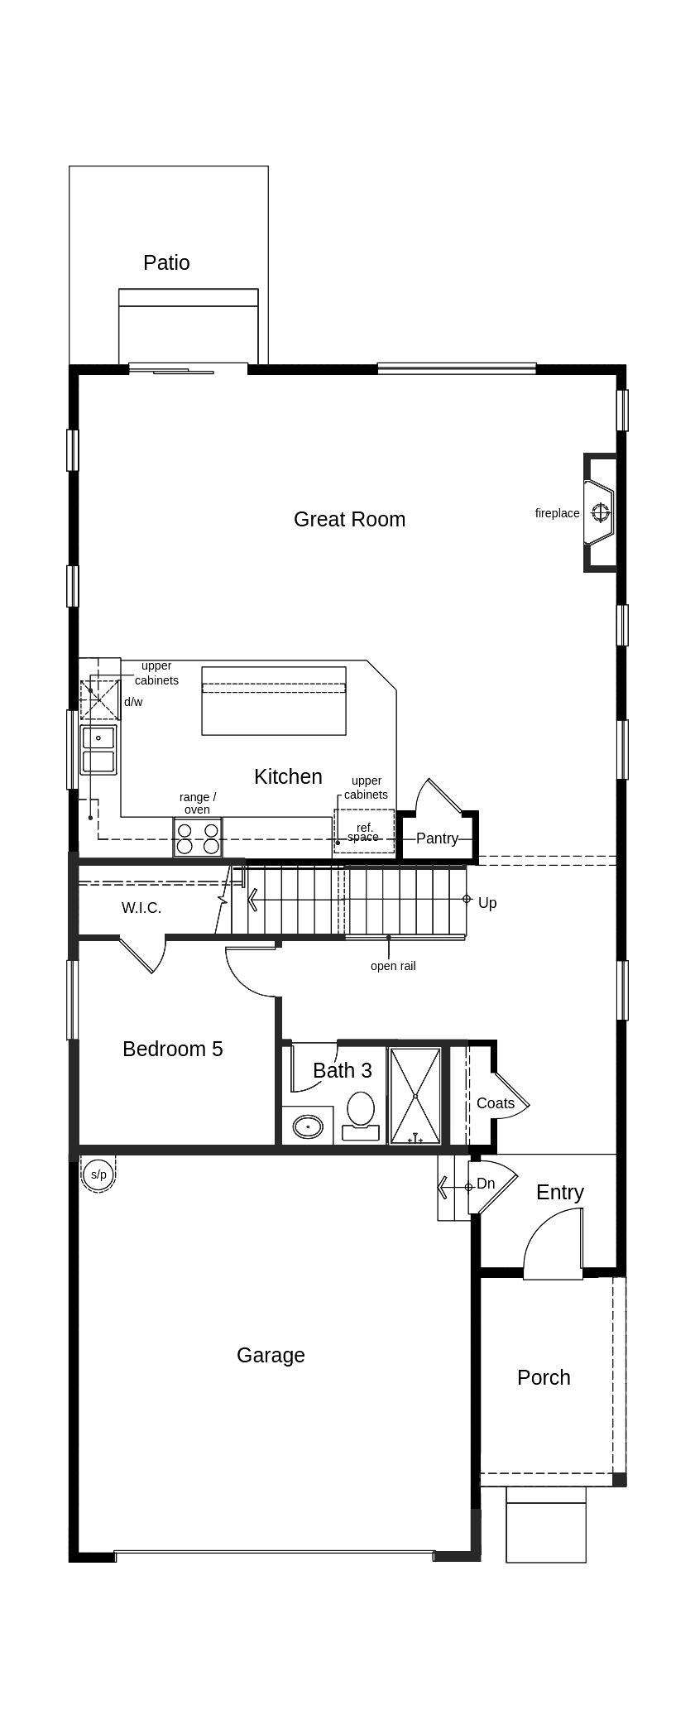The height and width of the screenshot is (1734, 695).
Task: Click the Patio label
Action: pos(166,262)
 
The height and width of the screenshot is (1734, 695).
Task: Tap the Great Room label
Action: pos(349,519)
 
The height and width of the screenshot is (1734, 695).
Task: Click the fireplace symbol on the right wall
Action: pos(601,512)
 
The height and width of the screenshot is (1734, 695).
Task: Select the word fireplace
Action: pos(557,513)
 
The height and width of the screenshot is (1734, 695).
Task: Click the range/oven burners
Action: pos(198,838)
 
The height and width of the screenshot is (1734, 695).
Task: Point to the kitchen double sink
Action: pos(98,749)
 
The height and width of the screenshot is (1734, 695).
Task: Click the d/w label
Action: pos(133,702)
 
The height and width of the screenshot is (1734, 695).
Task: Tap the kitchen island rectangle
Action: pos(273,700)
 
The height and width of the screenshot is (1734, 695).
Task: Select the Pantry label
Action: pos(437,838)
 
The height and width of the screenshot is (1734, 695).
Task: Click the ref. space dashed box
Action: pos(364,832)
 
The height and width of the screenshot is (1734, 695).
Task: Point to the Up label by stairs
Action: pos(487,902)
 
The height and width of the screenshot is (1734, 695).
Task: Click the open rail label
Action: pos(393,966)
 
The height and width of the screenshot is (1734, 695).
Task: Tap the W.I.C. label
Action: pos(141,907)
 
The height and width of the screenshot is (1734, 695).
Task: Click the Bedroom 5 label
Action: pos(172,1049)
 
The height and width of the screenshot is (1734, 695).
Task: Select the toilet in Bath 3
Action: pos(360,1113)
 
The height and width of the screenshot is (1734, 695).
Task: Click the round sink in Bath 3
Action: pos(308,1126)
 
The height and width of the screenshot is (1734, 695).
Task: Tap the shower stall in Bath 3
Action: pos(415,1095)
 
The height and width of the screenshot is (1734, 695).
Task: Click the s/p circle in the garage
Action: pos(98,1174)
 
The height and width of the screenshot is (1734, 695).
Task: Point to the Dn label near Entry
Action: pos(486,1184)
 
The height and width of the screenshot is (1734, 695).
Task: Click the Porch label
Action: pos(544,1377)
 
